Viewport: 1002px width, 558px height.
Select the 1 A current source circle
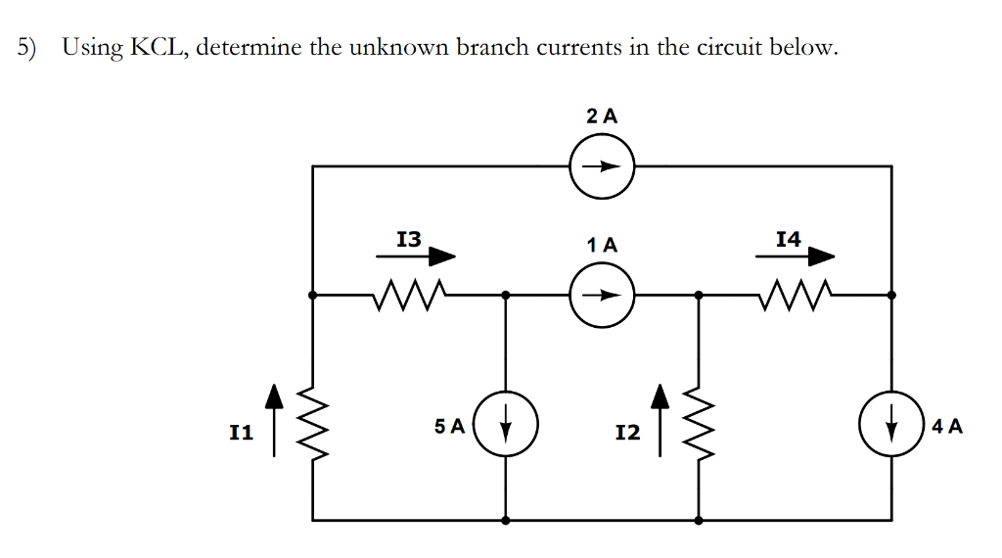603,294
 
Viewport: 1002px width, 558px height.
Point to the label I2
628,432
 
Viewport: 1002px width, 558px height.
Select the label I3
408,238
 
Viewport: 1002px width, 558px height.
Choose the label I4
788,238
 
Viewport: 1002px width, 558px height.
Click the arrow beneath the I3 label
417,257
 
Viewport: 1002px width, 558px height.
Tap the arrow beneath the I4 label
796,257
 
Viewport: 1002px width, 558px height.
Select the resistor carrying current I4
794,293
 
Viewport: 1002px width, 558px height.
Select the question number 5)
29,48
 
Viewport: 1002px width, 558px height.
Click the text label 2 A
603,115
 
